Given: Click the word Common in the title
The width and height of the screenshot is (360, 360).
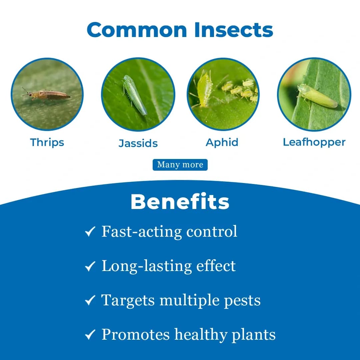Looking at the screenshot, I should (137, 30).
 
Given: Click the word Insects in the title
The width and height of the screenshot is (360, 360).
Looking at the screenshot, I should (234, 30).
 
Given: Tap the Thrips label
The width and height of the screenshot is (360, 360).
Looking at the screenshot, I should (47, 142).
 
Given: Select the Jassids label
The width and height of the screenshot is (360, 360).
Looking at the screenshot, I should (138, 143).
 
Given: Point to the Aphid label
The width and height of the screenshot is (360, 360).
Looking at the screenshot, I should (222, 142).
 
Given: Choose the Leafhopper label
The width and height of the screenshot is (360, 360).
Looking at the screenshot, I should (314, 142).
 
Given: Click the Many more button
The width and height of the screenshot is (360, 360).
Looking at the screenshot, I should (180, 165).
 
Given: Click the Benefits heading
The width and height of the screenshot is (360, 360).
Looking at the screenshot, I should (180, 202).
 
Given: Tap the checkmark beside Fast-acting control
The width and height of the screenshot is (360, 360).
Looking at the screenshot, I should (90, 232).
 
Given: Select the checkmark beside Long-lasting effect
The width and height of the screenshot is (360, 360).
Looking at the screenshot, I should (90, 266).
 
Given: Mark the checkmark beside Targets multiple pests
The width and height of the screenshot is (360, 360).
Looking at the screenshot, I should (90, 301).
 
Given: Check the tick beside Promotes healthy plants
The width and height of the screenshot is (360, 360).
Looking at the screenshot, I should (90, 335).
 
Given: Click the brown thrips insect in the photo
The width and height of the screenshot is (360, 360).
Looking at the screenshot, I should (47, 95).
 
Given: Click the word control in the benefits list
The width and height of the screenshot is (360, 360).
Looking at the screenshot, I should (212, 231).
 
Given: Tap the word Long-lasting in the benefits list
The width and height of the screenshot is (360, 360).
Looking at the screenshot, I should (146, 266).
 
